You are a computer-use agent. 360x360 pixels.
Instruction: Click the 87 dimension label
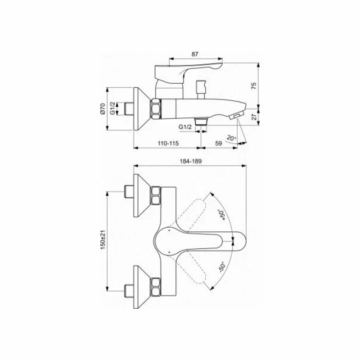[195, 54]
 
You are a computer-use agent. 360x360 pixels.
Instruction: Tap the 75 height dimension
[253, 86]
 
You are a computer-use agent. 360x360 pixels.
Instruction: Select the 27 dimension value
[254, 117]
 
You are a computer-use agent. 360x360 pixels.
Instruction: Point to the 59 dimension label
[219, 143]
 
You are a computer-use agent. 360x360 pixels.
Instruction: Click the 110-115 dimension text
[168, 143]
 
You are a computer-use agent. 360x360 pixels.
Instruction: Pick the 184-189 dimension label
[190, 162]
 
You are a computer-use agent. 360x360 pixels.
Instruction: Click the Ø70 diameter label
[103, 109]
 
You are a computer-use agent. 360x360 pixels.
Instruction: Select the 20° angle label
[231, 138]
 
